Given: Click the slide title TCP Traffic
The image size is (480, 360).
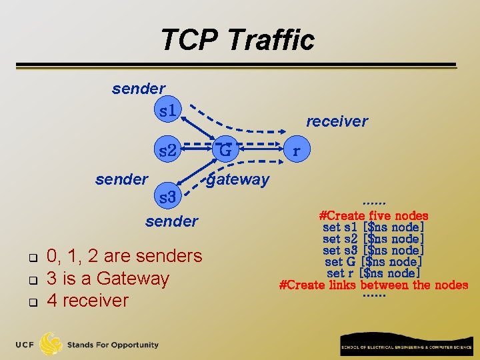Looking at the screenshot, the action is [237, 40].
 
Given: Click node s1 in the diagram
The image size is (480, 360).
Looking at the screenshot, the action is [167, 110].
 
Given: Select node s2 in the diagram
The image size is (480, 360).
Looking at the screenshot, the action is [167, 151].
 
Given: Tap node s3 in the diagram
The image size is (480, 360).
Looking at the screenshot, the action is [167, 197].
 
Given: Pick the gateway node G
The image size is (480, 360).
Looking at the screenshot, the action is [225, 151].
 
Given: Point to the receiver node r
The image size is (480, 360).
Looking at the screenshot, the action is [296, 151].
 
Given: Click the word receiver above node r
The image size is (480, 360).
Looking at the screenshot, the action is [337, 121].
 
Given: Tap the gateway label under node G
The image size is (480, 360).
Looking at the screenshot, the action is [237, 179].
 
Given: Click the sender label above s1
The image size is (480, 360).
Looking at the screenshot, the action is [139, 88].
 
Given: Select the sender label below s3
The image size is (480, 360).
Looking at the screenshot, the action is [171, 221].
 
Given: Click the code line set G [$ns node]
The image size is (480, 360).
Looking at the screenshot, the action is [373, 262].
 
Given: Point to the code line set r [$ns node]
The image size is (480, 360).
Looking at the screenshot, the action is [373, 273].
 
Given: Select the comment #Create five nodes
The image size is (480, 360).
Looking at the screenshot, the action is [373, 215].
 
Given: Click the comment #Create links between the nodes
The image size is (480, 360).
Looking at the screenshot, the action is [373, 285].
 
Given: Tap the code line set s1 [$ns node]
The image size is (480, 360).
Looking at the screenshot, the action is [373, 227].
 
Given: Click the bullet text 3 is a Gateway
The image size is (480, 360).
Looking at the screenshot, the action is [107, 278].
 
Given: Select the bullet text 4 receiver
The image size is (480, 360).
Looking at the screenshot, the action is [87, 300].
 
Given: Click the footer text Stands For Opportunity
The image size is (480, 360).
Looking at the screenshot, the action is [113, 345].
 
